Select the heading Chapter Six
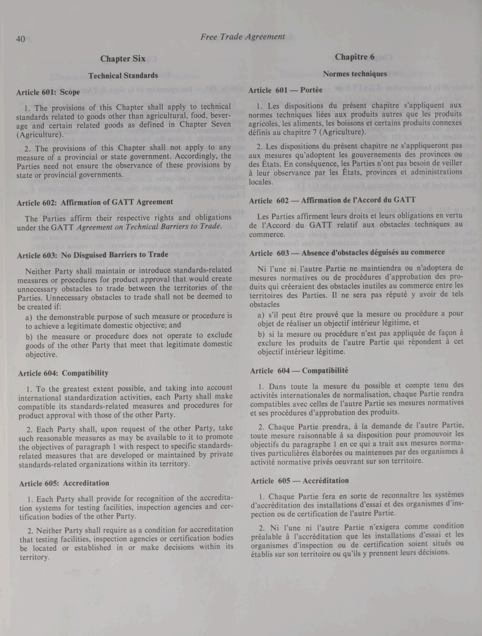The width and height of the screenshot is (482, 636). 123,59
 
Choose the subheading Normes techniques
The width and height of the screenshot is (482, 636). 355,74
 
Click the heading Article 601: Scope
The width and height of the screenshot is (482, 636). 48,92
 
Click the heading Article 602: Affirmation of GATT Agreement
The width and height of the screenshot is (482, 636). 95,202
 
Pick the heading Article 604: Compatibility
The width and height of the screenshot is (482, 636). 63,373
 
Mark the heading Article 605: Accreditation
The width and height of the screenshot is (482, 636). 64,483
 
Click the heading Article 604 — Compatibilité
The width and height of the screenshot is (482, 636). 299,371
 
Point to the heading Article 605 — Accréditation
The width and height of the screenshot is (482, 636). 300,481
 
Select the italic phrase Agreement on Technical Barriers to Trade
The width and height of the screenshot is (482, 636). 149,226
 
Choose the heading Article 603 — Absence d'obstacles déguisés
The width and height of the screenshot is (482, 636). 347,253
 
